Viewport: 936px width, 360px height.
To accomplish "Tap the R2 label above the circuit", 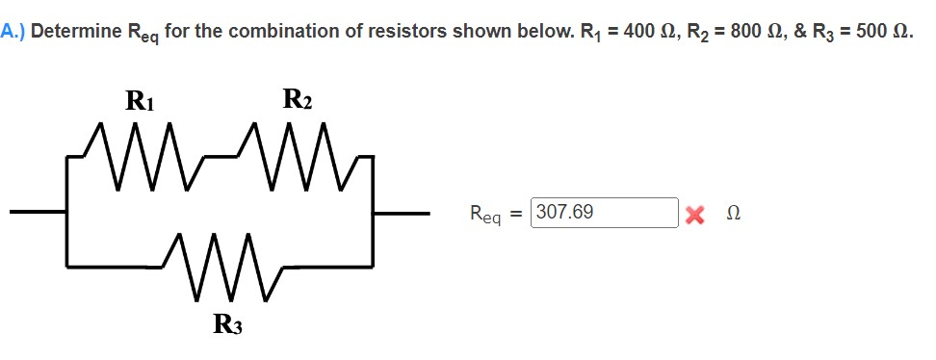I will [x=297, y=98].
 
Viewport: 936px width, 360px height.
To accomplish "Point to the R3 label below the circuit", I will [x=227, y=325].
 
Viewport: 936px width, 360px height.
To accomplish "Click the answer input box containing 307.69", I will [x=606, y=213].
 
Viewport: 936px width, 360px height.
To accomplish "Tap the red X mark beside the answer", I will [x=693, y=214].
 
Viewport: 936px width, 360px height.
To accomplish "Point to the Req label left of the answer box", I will [x=487, y=215].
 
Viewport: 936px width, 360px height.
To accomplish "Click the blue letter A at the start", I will [x=8, y=31].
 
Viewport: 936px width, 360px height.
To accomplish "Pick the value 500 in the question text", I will [x=871, y=31].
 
